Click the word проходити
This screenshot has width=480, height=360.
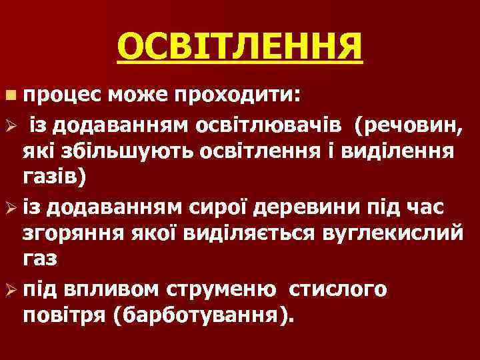[237, 97]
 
